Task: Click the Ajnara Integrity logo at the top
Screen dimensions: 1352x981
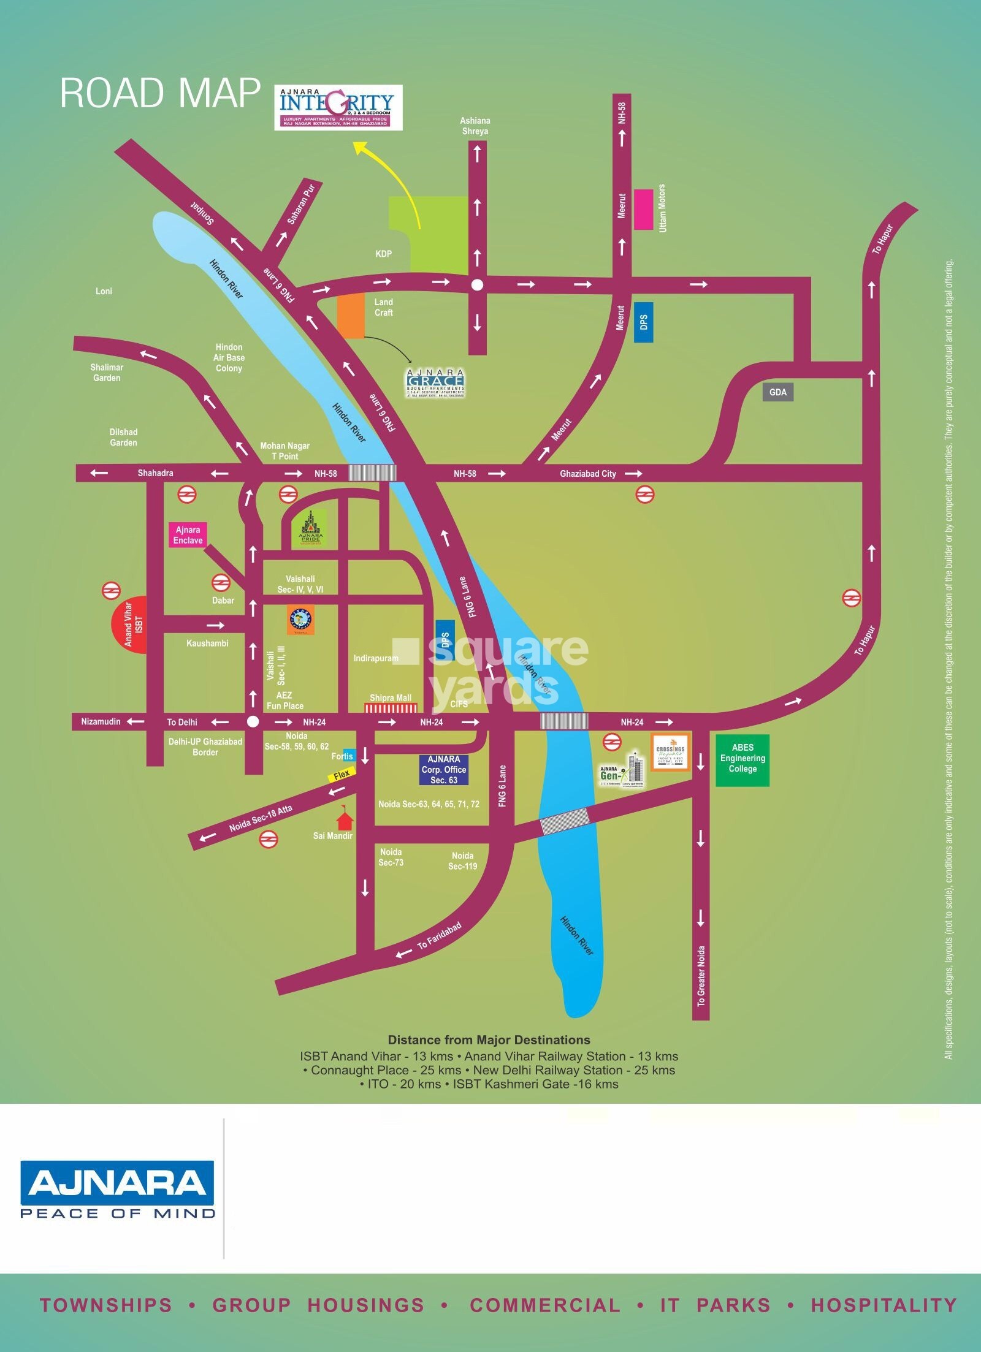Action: (338, 107)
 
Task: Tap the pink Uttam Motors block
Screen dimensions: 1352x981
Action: (643, 209)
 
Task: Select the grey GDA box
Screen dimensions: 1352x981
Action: (777, 392)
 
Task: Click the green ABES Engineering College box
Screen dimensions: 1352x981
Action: (742, 759)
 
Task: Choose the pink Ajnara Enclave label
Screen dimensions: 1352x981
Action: (188, 535)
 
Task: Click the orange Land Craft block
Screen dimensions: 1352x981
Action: (351, 316)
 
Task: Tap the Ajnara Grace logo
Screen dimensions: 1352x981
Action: (435, 383)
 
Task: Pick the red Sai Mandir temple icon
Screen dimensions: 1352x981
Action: (345, 819)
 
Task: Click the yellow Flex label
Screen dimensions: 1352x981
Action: (342, 775)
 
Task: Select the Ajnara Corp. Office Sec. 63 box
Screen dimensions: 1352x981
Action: (443, 770)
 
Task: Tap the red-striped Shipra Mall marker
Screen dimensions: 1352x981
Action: (391, 708)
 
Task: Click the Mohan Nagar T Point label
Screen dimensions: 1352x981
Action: (284, 451)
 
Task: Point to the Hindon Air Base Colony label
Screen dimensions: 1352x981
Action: (229, 358)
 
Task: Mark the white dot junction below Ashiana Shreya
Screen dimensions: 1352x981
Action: (477, 284)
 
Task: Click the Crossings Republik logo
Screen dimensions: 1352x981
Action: (671, 751)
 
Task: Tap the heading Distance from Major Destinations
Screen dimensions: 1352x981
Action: (489, 1040)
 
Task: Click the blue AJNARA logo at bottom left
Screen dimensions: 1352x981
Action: (117, 1182)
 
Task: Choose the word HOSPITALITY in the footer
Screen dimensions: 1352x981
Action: (884, 1305)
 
